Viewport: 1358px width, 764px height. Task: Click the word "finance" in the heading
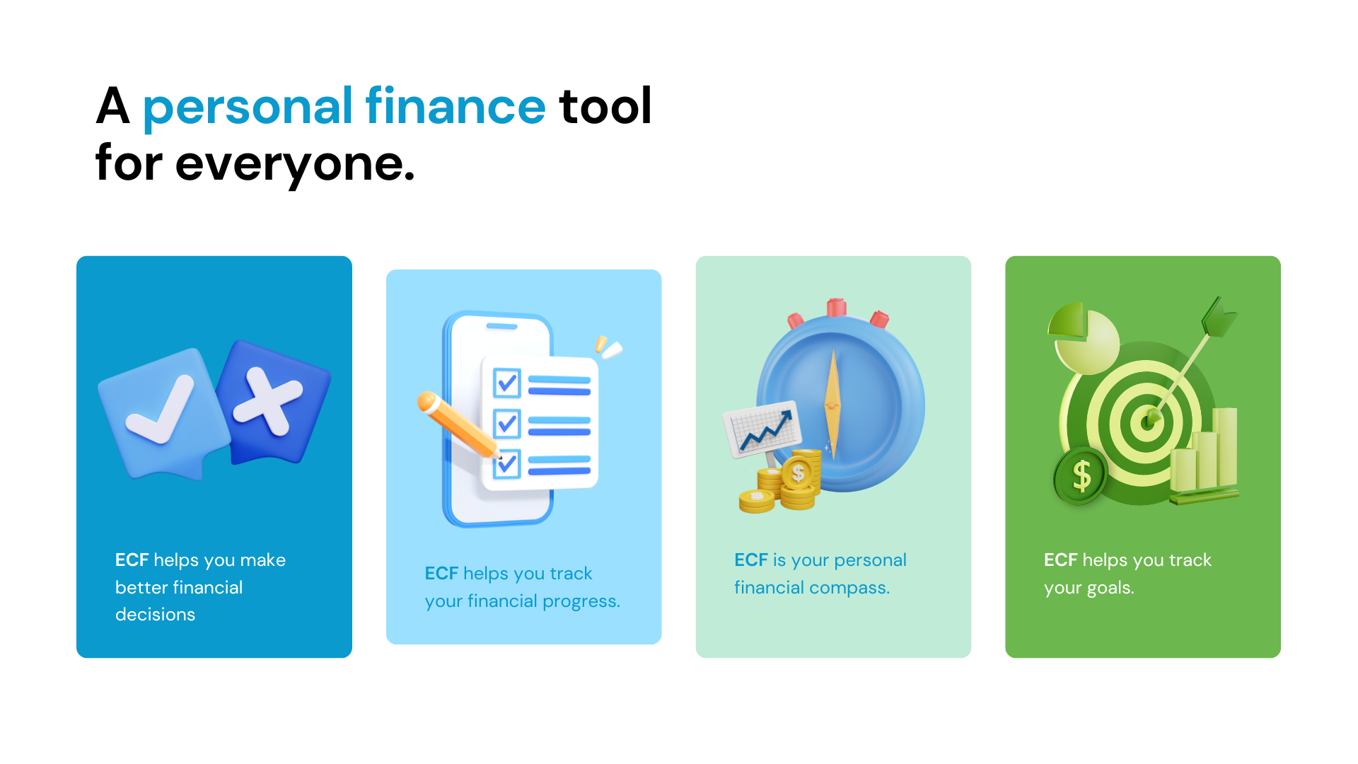tap(455, 106)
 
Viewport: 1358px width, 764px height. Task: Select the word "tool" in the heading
tap(605, 106)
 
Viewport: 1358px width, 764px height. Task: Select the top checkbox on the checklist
tap(507, 383)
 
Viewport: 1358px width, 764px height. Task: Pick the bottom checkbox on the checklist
tap(507, 464)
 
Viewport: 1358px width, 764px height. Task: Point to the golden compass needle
tap(833, 405)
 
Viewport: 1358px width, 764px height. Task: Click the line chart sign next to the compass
tap(762, 429)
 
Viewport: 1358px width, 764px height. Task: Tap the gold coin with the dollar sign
tap(799, 473)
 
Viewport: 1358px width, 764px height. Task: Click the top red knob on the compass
tap(837, 307)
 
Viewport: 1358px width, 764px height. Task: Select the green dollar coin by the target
tap(1081, 476)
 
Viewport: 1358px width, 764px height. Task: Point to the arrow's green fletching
tap(1219, 316)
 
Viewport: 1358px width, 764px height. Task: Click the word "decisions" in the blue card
tap(155, 614)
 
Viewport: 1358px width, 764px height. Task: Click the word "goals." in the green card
tap(1110, 588)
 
